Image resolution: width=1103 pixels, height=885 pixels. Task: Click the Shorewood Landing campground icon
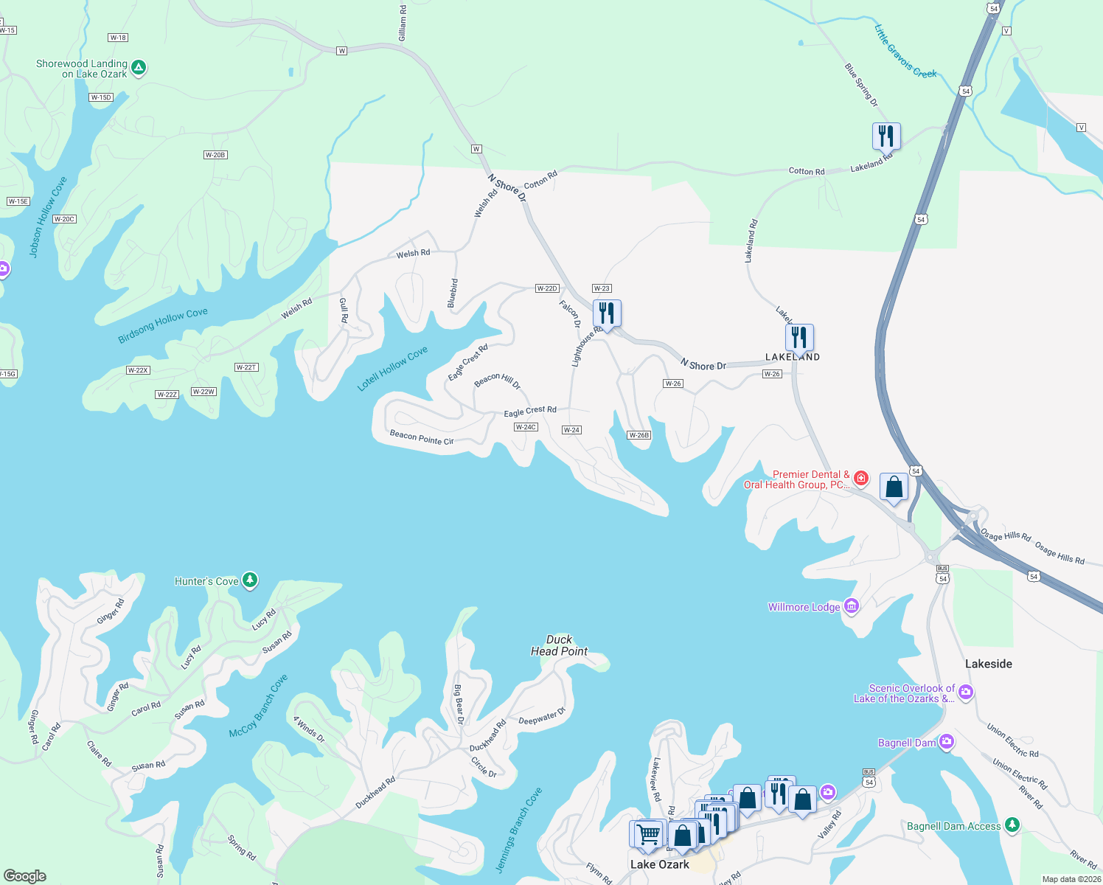coord(138,69)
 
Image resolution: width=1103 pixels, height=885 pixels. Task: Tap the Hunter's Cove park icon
coord(250,580)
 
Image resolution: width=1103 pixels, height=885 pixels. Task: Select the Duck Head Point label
coord(559,645)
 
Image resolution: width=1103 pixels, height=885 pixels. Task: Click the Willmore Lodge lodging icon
coord(852,606)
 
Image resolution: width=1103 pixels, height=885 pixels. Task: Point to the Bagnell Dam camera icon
coord(947,742)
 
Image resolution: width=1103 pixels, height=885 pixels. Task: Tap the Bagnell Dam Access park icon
coord(1012,825)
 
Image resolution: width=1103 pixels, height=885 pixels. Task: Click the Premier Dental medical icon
coord(860,479)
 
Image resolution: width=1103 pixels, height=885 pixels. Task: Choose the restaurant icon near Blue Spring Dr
coord(886,136)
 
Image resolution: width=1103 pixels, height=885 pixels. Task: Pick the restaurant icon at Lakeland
coord(799,338)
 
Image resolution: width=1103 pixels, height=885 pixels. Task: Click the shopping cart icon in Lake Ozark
coord(649,834)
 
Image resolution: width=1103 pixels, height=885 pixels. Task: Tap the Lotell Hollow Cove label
coord(392,369)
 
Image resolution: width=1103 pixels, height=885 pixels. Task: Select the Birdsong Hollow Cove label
coord(163,325)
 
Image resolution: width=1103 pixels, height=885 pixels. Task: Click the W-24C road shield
coord(526,427)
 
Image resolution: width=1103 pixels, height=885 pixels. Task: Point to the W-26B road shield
coord(639,435)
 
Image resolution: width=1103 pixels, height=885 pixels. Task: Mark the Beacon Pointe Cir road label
coord(421,437)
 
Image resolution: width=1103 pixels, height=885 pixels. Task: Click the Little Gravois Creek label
coord(905,52)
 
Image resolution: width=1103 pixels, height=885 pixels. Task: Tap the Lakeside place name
coord(988,664)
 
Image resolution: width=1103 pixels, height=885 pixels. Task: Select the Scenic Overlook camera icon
coord(966,692)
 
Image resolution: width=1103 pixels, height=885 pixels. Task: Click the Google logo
coord(25,875)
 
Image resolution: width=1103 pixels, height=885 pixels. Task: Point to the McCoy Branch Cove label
coord(258,707)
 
